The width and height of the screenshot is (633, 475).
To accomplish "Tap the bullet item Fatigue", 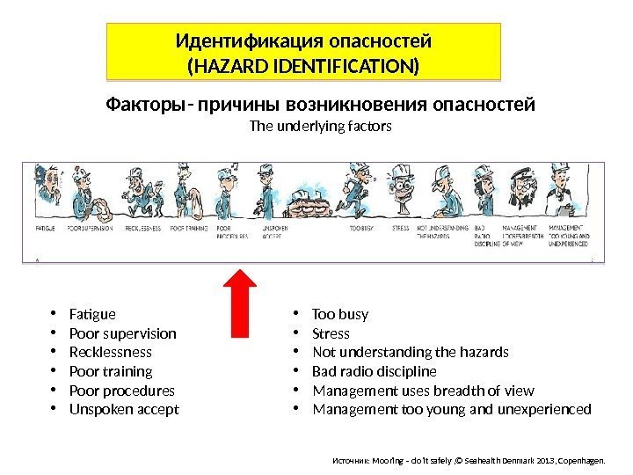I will pos(91,314).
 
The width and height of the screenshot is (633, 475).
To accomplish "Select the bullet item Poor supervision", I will pos(122,333).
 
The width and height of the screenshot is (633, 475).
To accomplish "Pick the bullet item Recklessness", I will pos(109,353).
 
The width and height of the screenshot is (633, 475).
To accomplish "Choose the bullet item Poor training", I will pos(110,371).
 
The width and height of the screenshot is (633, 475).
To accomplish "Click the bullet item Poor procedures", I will pos(120,391).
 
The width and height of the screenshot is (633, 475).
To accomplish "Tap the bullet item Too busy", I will pos(340,314).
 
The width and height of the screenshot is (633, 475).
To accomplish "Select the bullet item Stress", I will pos(331,333).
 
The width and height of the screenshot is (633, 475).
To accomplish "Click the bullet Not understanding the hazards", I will pos(411,353).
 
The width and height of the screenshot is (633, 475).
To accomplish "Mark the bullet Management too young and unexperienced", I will pos(452,410).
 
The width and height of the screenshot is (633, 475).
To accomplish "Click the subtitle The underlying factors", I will pos(320,126).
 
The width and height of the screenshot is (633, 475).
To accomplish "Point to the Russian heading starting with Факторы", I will pos(320,106).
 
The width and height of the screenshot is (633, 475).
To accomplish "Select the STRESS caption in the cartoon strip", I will pos(400,228).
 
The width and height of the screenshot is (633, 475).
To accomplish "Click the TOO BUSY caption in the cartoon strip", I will pos(360,228).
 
